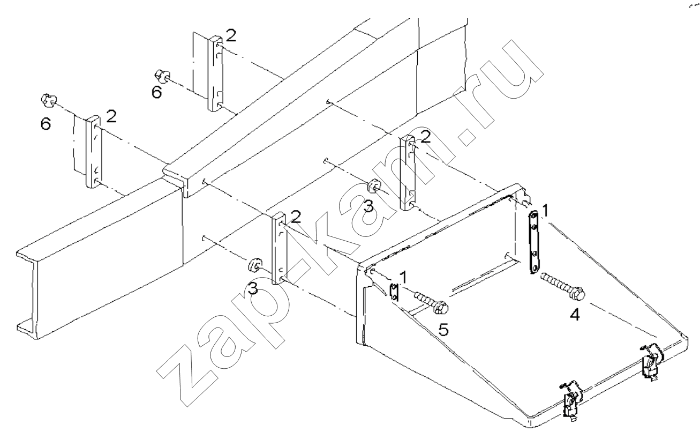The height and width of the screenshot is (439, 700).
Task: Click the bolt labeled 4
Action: point(563,286)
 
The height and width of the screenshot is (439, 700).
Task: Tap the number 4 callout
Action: point(574,315)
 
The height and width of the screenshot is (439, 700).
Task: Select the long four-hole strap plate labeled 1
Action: point(535,242)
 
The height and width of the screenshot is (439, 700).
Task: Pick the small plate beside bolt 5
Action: point(394,292)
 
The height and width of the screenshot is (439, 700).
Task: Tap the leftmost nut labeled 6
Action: point(48,100)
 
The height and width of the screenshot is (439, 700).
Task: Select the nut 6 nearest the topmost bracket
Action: point(161,76)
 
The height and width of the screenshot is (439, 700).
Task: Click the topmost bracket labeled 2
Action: point(216,73)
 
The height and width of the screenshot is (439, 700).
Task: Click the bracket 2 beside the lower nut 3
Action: point(279,248)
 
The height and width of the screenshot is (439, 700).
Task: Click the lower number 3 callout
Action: point(253,290)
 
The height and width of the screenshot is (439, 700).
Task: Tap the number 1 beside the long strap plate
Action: point(545,211)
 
